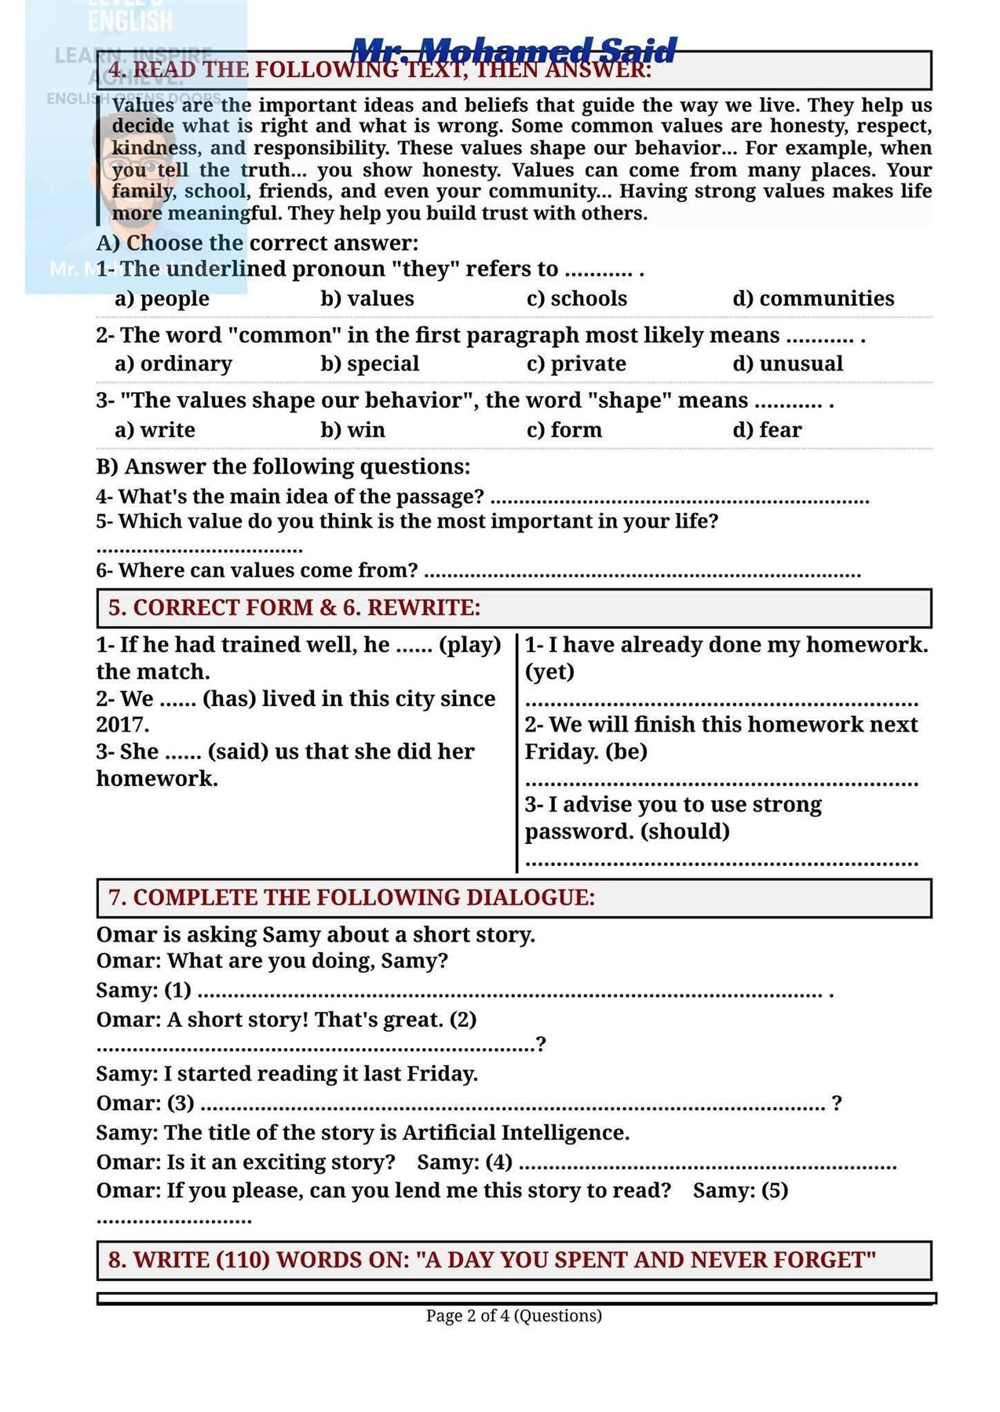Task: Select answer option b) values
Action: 367,298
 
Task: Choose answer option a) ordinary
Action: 173,364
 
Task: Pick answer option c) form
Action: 564,430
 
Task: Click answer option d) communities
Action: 812,298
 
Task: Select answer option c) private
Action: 576,364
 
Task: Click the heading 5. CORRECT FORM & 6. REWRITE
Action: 294,608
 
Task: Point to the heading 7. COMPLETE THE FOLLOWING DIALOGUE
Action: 352,897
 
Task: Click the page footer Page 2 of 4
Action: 513,1316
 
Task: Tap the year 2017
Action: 122,725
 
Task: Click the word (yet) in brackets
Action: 549,672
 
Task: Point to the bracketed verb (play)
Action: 469,645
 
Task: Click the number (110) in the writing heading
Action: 243,1260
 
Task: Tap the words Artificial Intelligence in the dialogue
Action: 515,1133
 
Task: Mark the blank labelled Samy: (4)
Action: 706,1164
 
